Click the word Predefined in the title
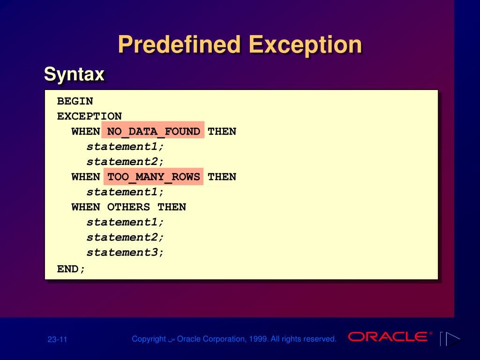(x=179, y=45)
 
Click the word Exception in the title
(x=305, y=45)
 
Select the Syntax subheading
(x=74, y=74)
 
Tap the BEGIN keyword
(x=75, y=101)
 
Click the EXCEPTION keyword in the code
(x=90, y=116)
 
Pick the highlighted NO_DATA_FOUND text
(x=153, y=131)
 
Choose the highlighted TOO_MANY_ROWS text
(x=153, y=177)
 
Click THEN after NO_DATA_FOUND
(x=222, y=131)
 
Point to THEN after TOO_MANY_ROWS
(x=222, y=177)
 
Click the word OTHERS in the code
(x=129, y=207)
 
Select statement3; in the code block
(x=126, y=252)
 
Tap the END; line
(x=71, y=269)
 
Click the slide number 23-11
(x=57, y=339)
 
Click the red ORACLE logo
(x=388, y=337)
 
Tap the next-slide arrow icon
(x=452, y=339)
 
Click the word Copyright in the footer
(x=149, y=339)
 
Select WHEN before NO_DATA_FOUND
(x=86, y=131)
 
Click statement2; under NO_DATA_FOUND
(x=126, y=162)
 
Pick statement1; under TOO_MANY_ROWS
(x=126, y=192)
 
